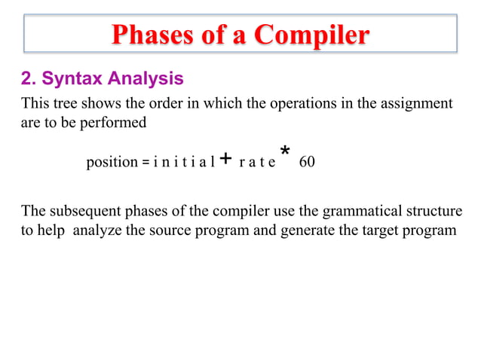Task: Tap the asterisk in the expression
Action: (x=285, y=154)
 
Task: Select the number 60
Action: (x=307, y=162)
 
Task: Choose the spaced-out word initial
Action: (x=184, y=162)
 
